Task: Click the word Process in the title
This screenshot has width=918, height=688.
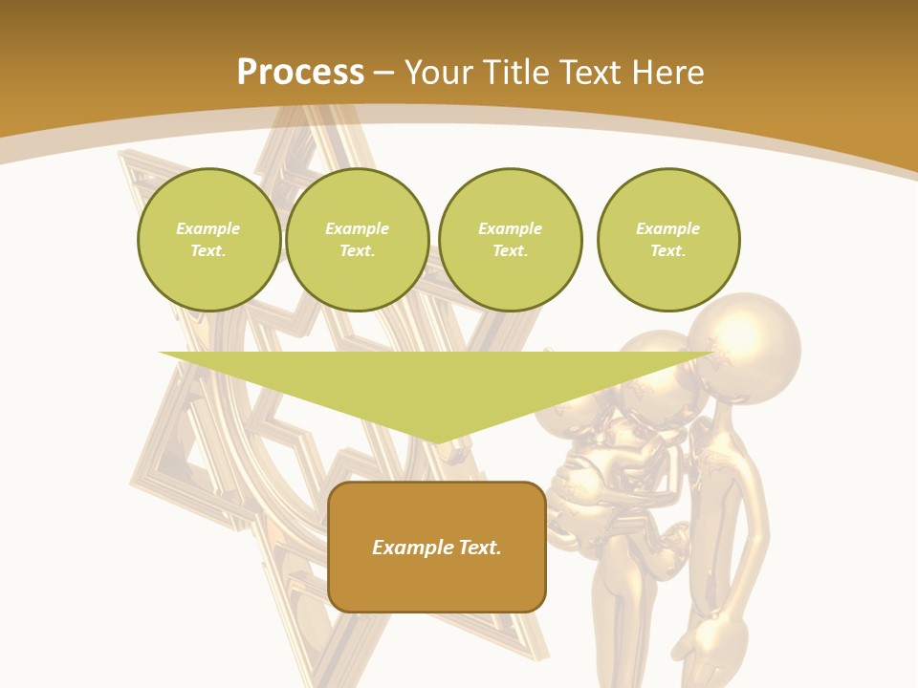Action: (x=300, y=73)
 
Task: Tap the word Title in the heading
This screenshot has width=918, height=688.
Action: (x=515, y=73)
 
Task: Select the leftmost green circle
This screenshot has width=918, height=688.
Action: (x=209, y=240)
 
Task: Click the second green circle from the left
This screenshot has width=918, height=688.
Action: (x=358, y=240)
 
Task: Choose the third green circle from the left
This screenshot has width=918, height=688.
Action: (x=511, y=240)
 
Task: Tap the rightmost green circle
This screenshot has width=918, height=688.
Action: (x=668, y=240)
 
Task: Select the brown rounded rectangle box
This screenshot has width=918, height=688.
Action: (x=437, y=547)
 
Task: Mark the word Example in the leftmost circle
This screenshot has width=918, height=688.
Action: (x=208, y=229)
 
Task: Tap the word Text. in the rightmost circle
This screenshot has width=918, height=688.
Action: (x=668, y=251)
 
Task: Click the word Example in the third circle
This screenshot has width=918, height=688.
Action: (x=511, y=229)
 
